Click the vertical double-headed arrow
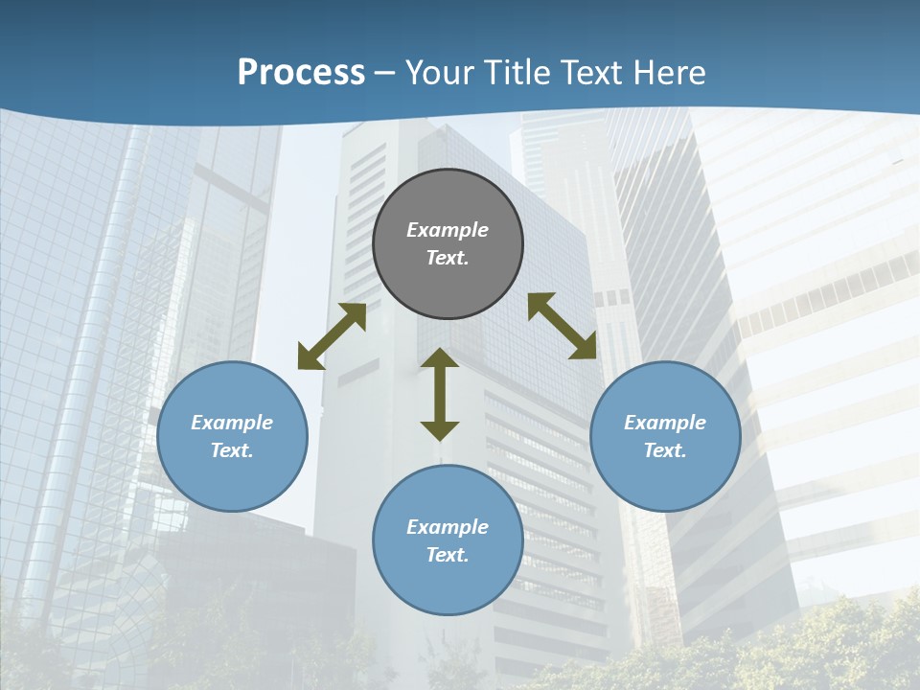pos(440,395)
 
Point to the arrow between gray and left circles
pos(332,336)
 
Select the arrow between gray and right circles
pos(562,327)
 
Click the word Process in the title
pos(301,72)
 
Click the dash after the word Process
pos(384,74)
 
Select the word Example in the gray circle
pos(448,230)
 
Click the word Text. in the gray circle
pos(448,258)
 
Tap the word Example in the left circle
pos(232,423)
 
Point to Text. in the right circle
pos(665,450)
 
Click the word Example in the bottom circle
pos(448,527)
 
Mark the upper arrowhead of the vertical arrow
pos(440,358)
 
